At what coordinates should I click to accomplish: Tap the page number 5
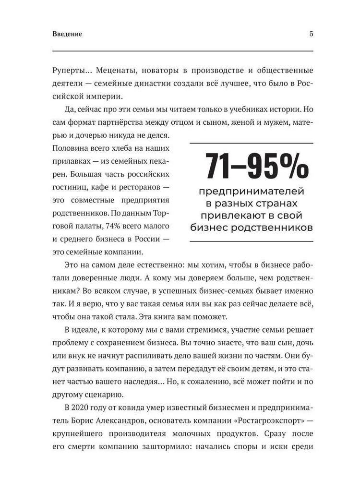click(x=311, y=34)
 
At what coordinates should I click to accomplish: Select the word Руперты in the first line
click(x=69, y=71)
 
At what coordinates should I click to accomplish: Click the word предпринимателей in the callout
click(x=252, y=192)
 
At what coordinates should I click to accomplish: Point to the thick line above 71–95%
click(x=252, y=143)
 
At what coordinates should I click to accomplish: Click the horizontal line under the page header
click(x=182, y=51)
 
